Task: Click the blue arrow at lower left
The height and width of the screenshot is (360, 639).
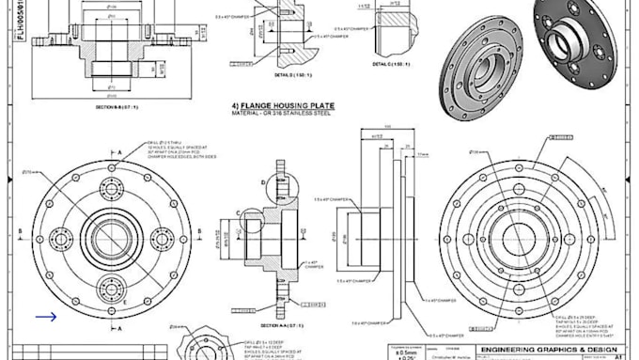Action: coord(45,317)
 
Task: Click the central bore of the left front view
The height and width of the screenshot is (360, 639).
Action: coord(112,233)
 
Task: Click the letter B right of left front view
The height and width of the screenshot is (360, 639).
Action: coord(205,228)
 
